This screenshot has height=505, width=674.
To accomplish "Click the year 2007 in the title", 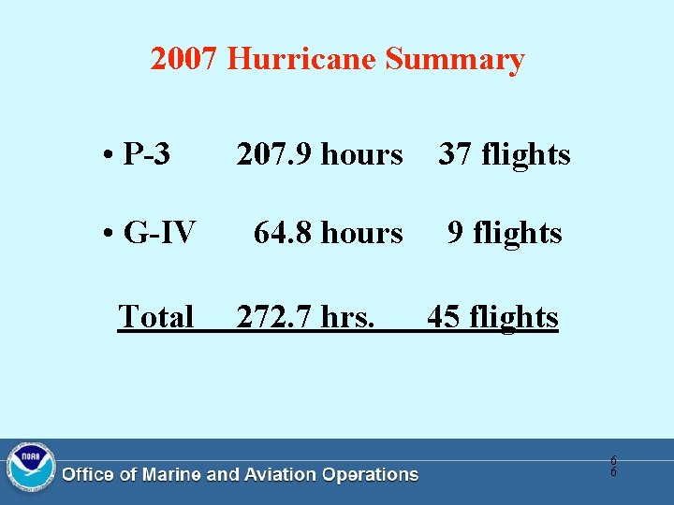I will (x=184, y=60).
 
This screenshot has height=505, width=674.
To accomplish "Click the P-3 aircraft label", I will (x=146, y=154).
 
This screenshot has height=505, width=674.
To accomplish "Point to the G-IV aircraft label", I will (x=159, y=232).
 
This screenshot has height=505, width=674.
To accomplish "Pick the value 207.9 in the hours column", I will (x=273, y=154).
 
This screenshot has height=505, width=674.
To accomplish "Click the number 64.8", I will (x=282, y=232).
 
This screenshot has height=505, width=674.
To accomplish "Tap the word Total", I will (x=155, y=317).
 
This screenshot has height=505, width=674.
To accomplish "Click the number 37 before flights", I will (x=455, y=154).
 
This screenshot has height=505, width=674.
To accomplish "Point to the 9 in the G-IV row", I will (x=455, y=232).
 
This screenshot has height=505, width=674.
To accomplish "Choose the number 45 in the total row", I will (x=444, y=317).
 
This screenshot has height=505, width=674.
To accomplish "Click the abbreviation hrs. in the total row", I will (x=348, y=317).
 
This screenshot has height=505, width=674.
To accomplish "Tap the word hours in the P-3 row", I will (x=362, y=154).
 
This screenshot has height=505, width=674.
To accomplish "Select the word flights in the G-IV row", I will (x=518, y=232).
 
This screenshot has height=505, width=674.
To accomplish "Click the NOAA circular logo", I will (x=30, y=468).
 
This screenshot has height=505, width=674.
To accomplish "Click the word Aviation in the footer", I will (x=279, y=475).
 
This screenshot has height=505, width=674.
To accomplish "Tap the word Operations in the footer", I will (x=370, y=475).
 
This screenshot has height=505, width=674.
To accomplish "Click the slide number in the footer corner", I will (x=613, y=466).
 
